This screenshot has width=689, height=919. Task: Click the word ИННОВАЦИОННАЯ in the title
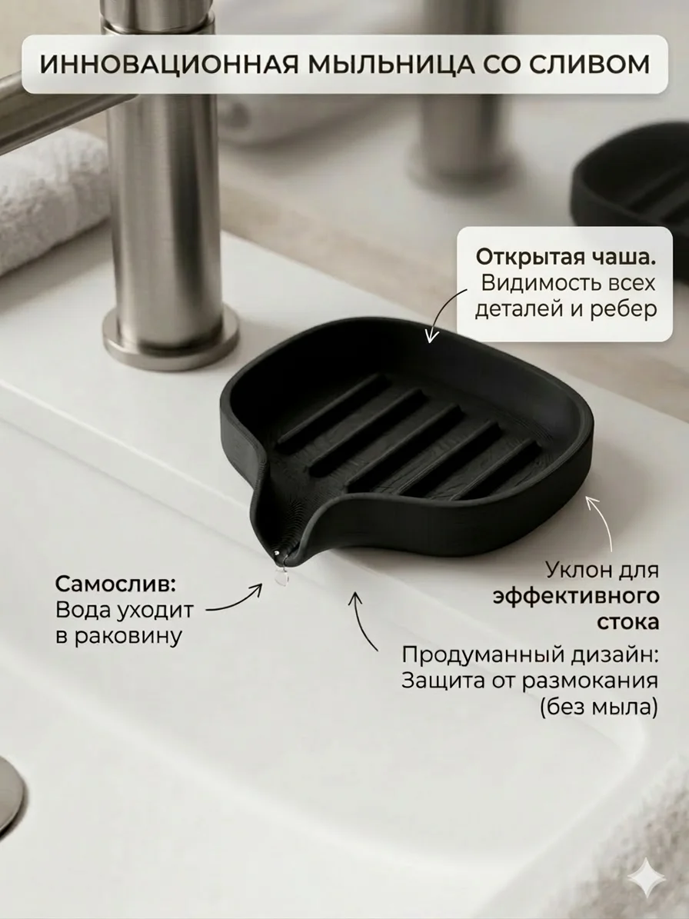point(164,65)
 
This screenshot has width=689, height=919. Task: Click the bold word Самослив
point(115,584)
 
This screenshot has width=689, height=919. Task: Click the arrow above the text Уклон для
point(602,523)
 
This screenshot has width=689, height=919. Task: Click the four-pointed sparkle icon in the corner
point(647,877)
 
